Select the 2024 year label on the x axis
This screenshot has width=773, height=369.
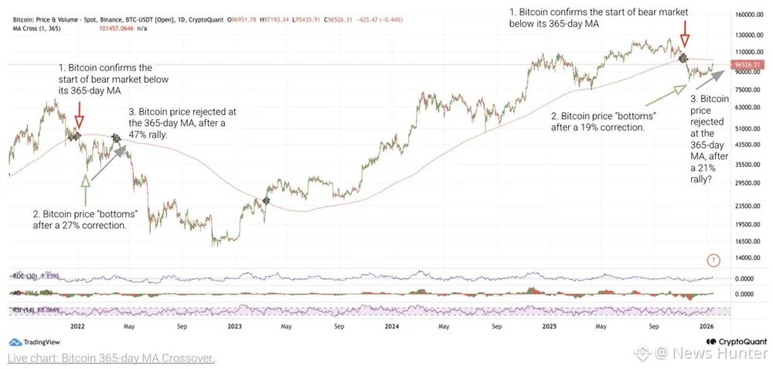click(391, 326)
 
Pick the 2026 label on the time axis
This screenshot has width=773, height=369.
click(707, 326)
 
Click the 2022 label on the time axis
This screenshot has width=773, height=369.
click(77, 326)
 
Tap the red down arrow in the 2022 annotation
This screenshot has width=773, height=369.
click(80, 120)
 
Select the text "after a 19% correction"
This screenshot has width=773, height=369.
click(598, 126)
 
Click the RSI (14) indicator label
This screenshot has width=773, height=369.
click(24, 309)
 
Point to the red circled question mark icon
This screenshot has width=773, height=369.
click(713, 260)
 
